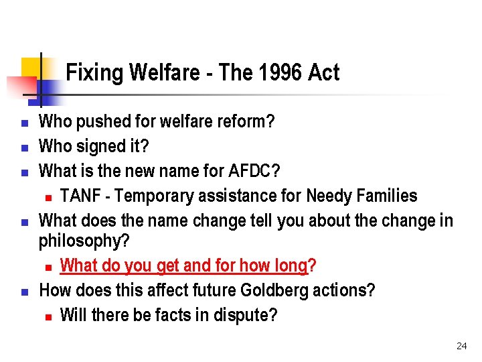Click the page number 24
(461, 346)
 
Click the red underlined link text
(183, 265)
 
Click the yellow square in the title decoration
(31, 68)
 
